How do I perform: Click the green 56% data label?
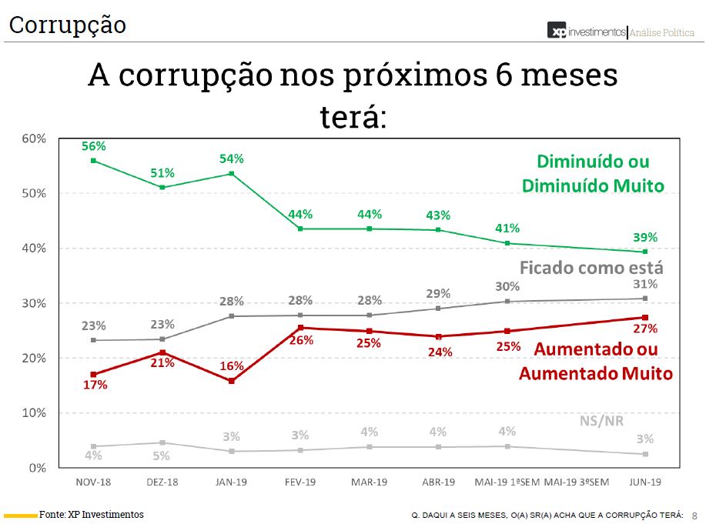93,145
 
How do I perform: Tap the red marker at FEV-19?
299,328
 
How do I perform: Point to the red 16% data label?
232,366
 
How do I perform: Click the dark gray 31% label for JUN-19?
644,284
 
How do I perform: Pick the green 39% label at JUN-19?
645,237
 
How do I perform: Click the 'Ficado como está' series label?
591,268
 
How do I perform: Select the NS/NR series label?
601,421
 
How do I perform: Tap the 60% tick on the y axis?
34,139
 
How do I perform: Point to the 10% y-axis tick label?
34,413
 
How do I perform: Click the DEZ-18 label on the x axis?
162,482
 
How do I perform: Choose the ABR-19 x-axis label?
437,482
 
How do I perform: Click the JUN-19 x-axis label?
644,482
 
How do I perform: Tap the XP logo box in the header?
557,31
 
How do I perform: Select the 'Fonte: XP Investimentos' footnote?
92,514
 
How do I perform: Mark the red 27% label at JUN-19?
645,329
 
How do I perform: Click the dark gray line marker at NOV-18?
93,340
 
